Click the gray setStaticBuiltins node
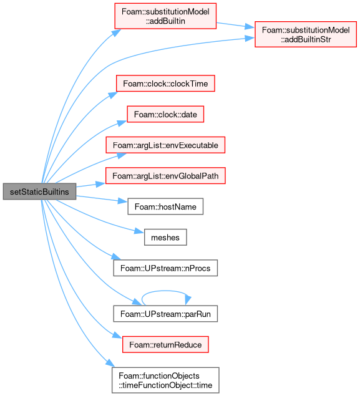coord(39,191)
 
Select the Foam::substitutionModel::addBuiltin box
coord(165,16)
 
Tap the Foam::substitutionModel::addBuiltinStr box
coord(306,34)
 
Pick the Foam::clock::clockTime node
coord(165,84)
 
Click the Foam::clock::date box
coord(165,114)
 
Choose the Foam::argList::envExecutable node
coord(165,145)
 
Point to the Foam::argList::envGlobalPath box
coord(165,176)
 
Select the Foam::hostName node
coord(165,206)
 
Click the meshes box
coord(165,238)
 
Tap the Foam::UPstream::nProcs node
coord(165,268)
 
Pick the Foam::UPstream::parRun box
coord(165,314)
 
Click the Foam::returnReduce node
coord(165,345)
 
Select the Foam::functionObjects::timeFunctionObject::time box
coord(165,380)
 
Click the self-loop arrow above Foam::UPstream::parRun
coord(165,291)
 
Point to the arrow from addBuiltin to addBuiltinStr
coord(235,25)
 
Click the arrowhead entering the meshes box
coord(140,231)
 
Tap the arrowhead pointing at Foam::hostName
coord(123,201)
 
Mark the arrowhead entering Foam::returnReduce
coord(117,335)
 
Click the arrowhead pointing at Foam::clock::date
coord(122,123)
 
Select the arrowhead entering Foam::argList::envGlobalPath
coord(100,184)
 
